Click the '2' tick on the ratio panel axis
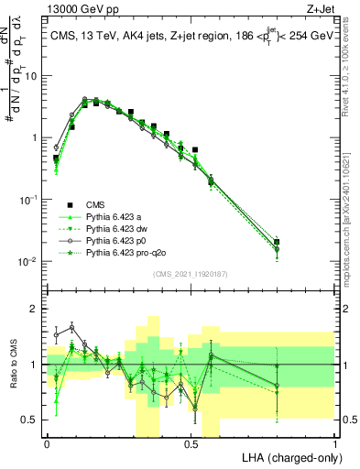tap(35, 310)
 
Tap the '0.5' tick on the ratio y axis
tap(30, 420)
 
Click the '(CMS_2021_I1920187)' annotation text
tap(190, 275)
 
